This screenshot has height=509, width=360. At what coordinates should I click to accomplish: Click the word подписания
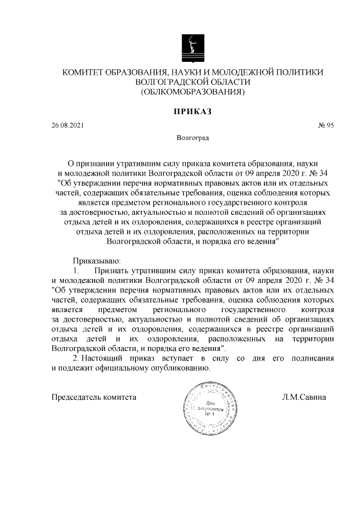click(x=310, y=358)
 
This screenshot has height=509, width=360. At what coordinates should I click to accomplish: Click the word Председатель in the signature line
click(x=78, y=397)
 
